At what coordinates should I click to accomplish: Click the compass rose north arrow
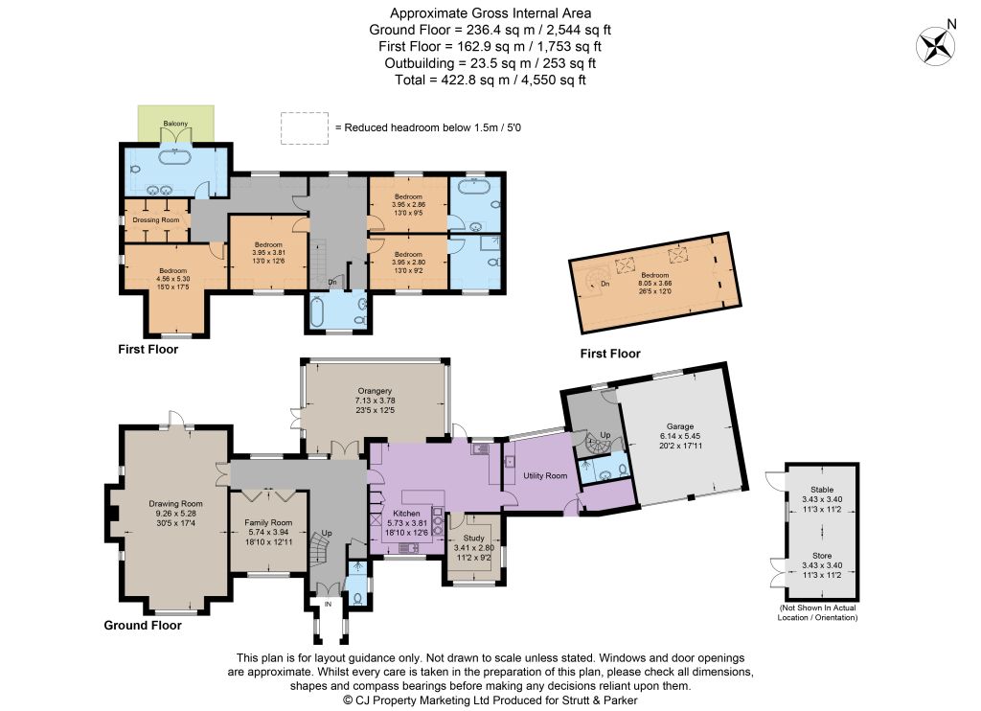(x=937, y=46)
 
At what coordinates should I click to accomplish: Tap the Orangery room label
(x=375, y=391)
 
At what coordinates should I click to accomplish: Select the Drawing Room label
(x=176, y=503)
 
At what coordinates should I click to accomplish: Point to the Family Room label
(x=268, y=522)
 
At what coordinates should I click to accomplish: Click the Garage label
(x=680, y=426)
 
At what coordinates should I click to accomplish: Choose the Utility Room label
(x=545, y=475)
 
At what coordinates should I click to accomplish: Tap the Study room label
(x=473, y=538)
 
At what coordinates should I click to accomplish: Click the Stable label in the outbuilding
(x=822, y=490)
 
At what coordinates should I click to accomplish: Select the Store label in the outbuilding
(x=822, y=555)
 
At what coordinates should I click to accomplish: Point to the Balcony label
(x=176, y=124)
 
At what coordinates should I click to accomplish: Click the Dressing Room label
(x=156, y=219)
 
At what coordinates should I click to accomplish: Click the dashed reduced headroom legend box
(x=305, y=128)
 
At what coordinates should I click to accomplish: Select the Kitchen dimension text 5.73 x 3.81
(x=407, y=523)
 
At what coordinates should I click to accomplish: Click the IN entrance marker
(x=328, y=604)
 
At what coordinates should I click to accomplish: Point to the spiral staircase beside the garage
(x=596, y=444)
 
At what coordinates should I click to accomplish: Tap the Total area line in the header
(x=490, y=80)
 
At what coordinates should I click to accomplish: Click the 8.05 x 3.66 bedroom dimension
(x=655, y=283)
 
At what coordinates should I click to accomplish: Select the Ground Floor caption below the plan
(x=143, y=625)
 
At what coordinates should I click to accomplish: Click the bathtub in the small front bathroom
(x=317, y=312)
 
